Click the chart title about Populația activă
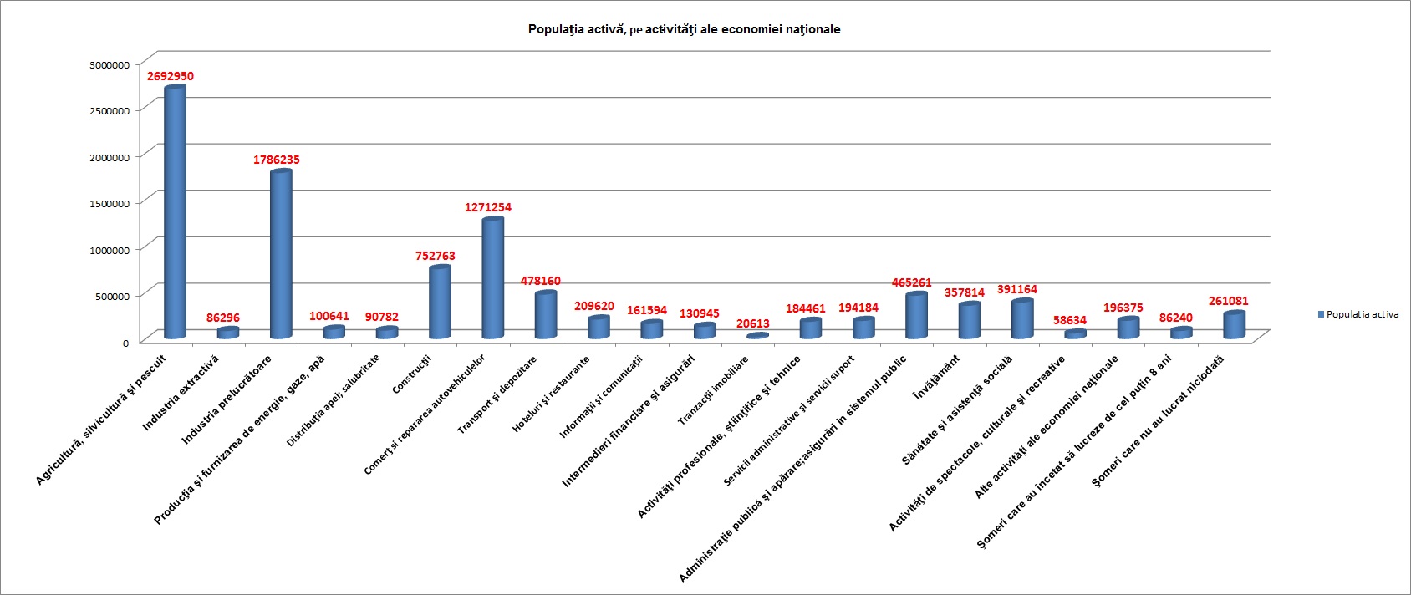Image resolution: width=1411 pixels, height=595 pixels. [684, 29]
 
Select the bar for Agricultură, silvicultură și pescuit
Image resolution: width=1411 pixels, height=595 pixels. [175, 213]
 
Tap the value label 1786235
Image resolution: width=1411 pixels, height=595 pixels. [277, 160]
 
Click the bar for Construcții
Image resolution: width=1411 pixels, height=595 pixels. [440, 303]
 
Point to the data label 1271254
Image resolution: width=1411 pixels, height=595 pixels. [488, 207]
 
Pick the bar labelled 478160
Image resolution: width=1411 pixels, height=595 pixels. [545, 315]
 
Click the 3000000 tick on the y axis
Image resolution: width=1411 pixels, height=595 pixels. [110, 64]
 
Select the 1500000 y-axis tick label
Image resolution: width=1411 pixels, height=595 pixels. [110, 203]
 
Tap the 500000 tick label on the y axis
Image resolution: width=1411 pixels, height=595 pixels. [113, 296]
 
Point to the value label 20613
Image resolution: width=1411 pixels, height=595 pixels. [753, 323]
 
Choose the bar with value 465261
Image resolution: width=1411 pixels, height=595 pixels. [916, 316]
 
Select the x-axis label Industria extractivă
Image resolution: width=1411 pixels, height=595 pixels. [181, 393]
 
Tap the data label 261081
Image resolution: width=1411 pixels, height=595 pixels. [1229, 301]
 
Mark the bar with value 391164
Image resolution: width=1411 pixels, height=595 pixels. [1022, 319]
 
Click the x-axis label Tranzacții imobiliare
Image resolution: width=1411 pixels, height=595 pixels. [713, 390]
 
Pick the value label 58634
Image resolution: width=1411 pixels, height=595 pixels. [1070, 320]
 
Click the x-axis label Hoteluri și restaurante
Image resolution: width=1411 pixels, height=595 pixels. [551, 394]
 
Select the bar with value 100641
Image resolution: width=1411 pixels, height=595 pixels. [334, 332]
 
